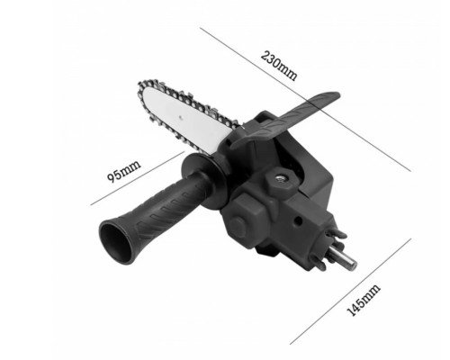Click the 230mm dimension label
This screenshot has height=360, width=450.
pos(279,66)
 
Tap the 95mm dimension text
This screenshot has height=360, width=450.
pos(124,171)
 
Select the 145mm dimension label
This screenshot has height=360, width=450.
pos(364,300)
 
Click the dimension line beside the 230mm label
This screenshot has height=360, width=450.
pos(305,99)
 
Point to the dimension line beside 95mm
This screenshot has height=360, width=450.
pos(137,178)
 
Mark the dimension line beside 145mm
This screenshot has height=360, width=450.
pos(350,292)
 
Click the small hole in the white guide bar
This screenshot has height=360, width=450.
pos(181,118)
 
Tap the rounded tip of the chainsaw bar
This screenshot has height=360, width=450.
pos(140,89)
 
